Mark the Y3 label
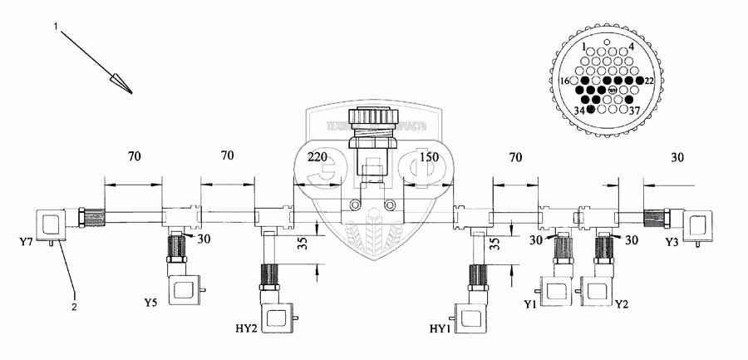click(x=673, y=242)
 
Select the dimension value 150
click(x=429, y=155)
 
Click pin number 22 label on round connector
click(x=648, y=80)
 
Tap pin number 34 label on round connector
click(x=578, y=111)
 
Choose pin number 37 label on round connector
click(x=633, y=111)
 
